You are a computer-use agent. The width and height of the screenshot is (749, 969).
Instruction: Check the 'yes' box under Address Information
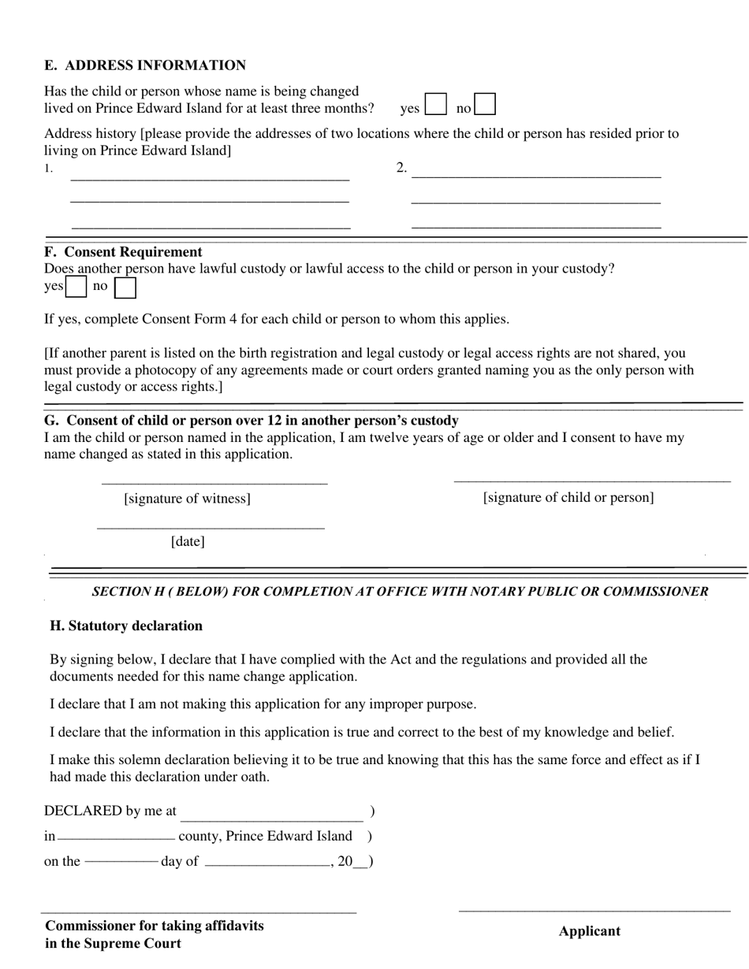435,105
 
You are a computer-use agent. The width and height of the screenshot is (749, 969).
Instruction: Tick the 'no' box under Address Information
485,105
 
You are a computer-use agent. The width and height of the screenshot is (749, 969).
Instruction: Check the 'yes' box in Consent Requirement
76,288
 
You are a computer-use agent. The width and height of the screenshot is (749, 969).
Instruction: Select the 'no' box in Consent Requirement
125,288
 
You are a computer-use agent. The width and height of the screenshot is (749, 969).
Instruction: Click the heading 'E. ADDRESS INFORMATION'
145,65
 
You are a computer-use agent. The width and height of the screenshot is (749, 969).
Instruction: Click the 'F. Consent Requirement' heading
123,252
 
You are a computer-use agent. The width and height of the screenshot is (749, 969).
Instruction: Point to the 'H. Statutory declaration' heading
126,626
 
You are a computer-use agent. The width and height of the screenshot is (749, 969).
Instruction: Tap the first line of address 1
210,179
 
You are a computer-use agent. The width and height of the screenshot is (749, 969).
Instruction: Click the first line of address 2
536,176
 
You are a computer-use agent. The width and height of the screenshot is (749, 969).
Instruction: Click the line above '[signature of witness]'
214,481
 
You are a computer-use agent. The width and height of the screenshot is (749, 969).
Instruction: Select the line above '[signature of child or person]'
592,479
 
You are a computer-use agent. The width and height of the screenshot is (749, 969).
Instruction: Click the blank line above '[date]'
211,527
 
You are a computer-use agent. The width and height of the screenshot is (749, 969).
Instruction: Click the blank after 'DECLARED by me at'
272,819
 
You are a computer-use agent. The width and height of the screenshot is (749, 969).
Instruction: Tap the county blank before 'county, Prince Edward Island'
117,837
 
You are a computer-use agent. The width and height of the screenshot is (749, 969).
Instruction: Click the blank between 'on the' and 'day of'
121,862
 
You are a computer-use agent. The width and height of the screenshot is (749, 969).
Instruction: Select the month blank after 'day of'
267,864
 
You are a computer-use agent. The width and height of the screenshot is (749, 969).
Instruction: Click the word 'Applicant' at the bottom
590,931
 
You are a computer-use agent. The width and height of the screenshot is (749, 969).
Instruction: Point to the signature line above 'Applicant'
594,911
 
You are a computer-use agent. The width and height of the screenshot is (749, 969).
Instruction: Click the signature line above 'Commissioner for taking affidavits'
199,912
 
